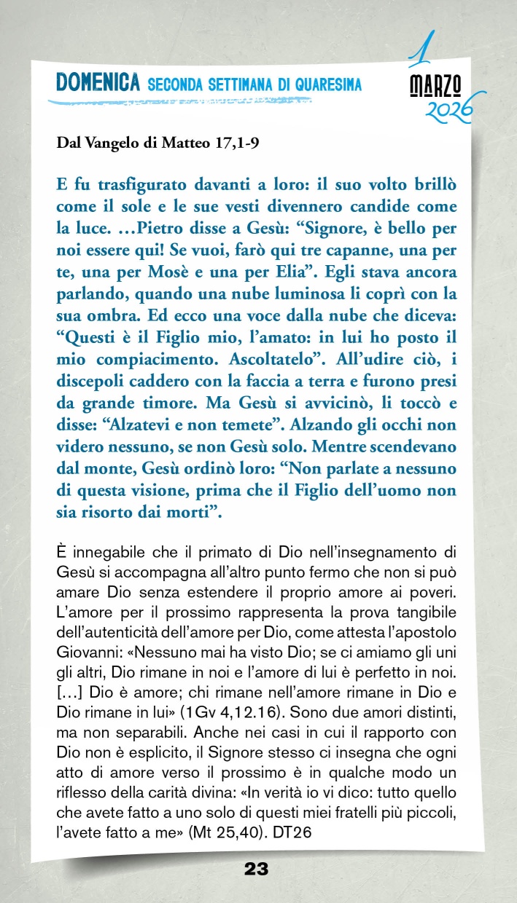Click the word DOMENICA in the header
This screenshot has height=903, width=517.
tap(98, 84)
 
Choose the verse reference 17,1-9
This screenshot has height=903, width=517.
tap(234, 143)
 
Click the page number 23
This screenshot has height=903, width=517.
tap(257, 869)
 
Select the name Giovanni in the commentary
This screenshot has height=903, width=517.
tap(86, 644)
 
